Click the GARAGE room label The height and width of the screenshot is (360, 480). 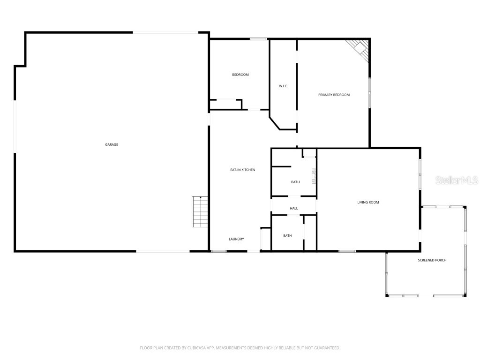112,145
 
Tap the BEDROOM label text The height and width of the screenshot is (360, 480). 240,75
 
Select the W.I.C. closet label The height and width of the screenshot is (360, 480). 283,86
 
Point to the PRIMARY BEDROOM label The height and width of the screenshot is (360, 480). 334,95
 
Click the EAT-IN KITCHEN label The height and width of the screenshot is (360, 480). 242,170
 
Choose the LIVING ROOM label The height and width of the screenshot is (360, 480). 368,202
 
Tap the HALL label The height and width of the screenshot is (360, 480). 294,209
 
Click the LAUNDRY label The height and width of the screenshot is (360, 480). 236,239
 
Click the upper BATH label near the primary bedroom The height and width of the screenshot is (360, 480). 295,182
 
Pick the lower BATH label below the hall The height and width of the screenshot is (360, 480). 287,236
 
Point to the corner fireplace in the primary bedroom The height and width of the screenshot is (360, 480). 360,48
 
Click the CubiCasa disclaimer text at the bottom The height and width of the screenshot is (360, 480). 240,348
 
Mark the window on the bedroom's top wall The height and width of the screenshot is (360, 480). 258,39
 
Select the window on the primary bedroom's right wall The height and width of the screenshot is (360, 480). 369,92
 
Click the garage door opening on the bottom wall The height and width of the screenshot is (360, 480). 163,251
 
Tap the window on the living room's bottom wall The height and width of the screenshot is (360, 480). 347,251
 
